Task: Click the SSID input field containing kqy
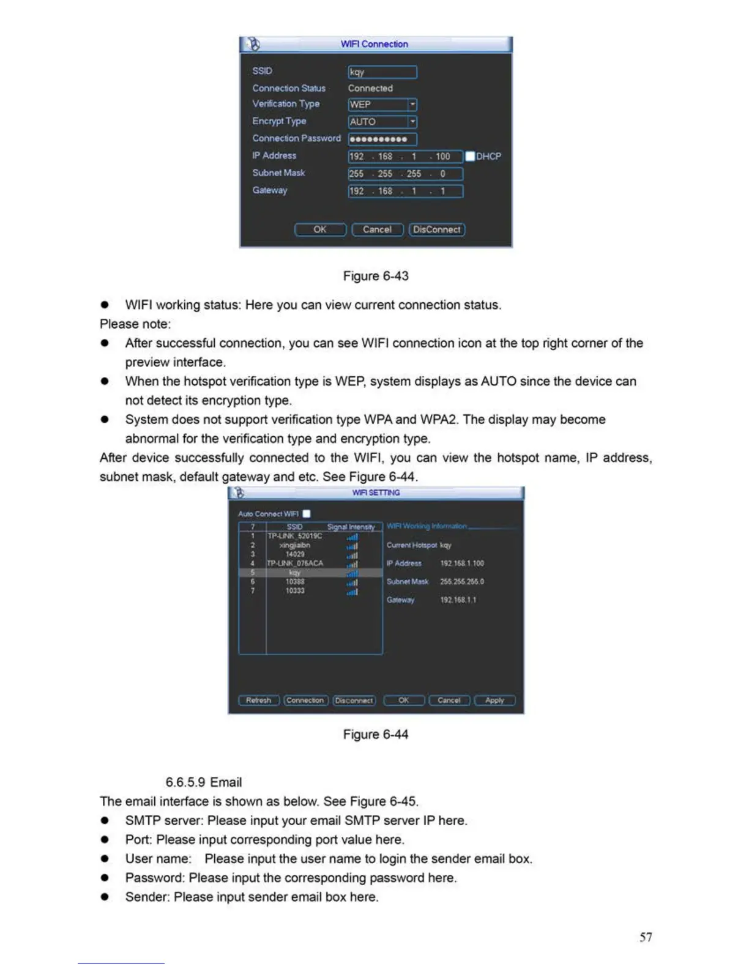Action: click(x=382, y=72)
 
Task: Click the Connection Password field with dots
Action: click(x=382, y=139)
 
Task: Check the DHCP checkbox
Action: click(x=470, y=157)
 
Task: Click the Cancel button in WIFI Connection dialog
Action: click(x=377, y=229)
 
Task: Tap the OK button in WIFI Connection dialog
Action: click(x=320, y=229)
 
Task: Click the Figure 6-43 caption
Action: click(x=376, y=276)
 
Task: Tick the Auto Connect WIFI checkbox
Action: click(x=307, y=514)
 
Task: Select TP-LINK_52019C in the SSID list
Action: click(x=295, y=536)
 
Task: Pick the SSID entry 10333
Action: click(x=295, y=591)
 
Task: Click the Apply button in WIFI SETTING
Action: click(x=494, y=700)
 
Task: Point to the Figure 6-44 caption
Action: click(x=376, y=734)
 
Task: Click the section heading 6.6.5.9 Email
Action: click(x=204, y=782)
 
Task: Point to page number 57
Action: click(x=646, y=937)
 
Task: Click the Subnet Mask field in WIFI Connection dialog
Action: click(x=405, y=174)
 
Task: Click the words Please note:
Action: click(x=135, y=324)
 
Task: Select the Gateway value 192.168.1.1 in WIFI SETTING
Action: click(x=458, y=600)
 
